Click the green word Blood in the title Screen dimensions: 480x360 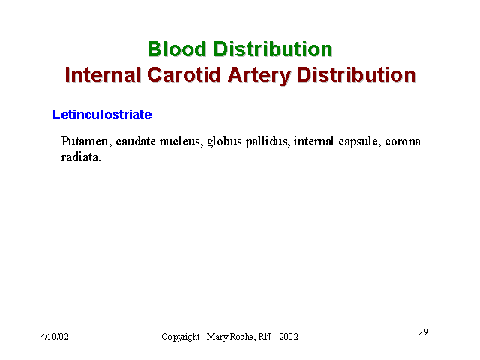177,49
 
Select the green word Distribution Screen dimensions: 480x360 273,49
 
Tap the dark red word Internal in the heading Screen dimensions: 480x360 103,75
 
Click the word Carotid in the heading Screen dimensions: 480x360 184,75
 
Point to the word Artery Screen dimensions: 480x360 259,76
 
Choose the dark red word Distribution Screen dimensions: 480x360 356,75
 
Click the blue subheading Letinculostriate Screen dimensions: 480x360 102,115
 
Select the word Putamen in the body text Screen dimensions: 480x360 86,142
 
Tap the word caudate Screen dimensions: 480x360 136,142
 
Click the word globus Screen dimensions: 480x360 224,142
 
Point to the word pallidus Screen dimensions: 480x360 268,142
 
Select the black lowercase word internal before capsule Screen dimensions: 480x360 313,142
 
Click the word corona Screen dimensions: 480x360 403,142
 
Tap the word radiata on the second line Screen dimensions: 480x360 81,157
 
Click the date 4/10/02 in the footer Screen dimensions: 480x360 55,337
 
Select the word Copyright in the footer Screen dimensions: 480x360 181,337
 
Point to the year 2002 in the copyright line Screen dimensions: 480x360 289,337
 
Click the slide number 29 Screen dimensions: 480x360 423,331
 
